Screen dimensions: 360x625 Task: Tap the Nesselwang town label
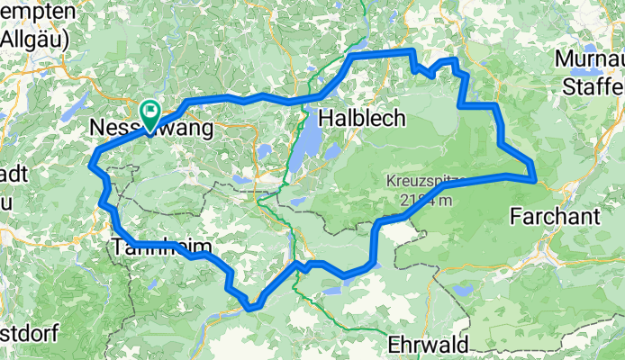tap(152, 130)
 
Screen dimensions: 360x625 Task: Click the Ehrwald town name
tap(429, 344)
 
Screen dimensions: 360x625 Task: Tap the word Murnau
tap(591, 58)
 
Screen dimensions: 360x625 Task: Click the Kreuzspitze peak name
tap(423, 181)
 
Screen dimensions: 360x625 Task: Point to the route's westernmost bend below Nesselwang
tap(91, 163)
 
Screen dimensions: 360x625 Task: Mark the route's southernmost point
tap(253, 308)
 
